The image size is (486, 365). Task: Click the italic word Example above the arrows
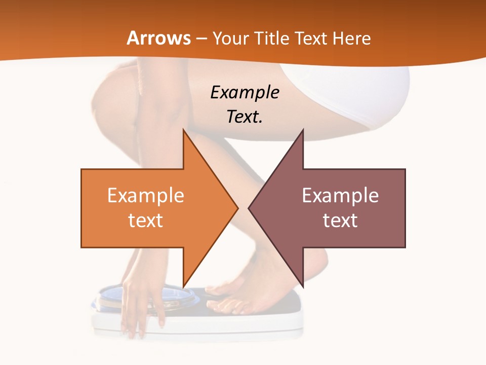[x=245, y=92]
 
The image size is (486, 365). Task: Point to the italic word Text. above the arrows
[x=245, y=117]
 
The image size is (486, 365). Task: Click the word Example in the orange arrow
[x=146, y=195]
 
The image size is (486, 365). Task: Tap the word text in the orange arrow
[x=146, y=220]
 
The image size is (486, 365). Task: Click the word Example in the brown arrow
[x=340, y=195]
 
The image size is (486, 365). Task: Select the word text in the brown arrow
[x=340, y=220]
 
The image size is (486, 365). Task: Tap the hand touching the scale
[x=139, y=304]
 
